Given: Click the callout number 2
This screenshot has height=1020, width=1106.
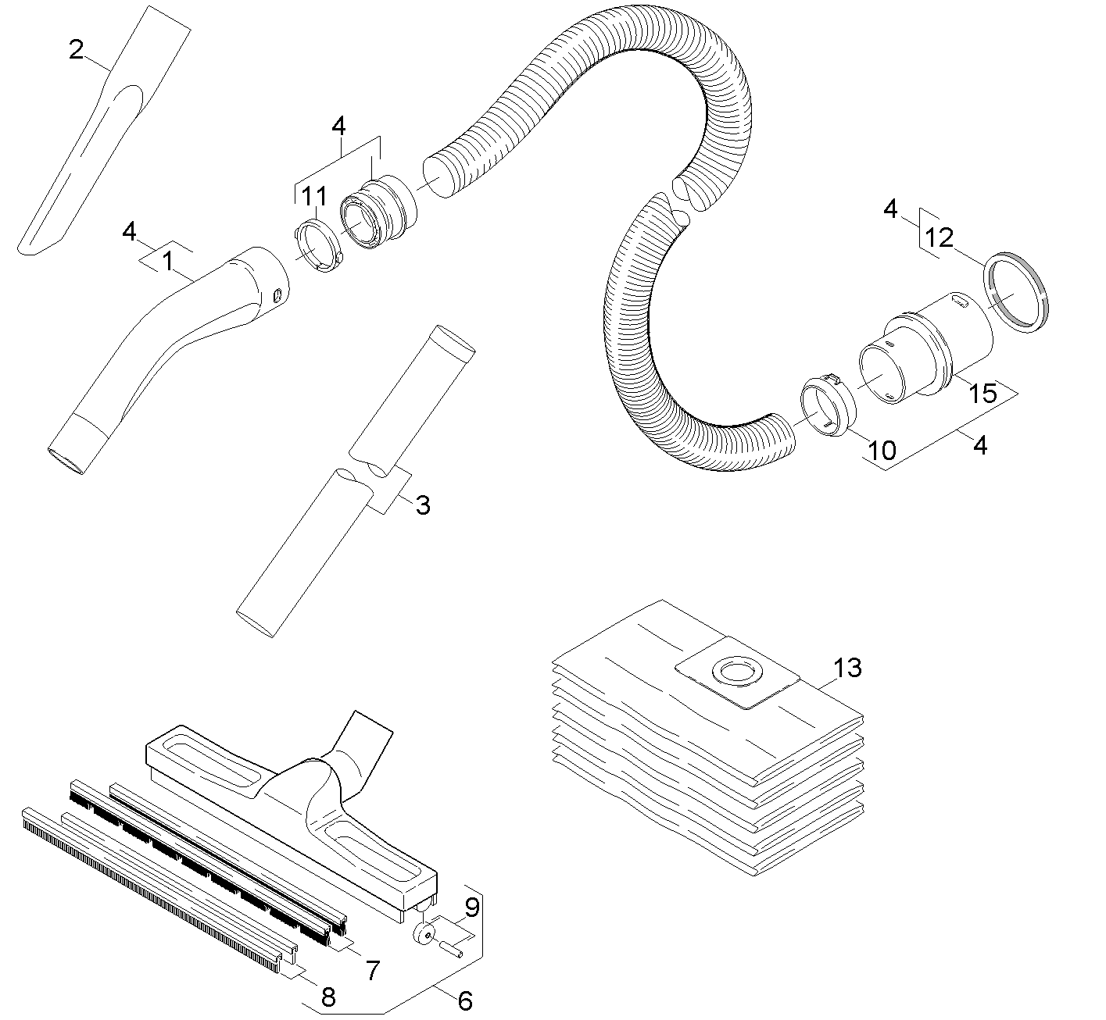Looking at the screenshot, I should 76,50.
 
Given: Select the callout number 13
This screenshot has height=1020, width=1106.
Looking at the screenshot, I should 847,668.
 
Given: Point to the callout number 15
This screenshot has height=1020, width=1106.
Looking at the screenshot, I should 983,393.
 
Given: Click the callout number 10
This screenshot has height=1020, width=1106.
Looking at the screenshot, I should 882,450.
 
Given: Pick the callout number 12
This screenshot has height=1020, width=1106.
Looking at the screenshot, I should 940,237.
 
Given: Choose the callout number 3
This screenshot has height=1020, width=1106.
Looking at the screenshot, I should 422,505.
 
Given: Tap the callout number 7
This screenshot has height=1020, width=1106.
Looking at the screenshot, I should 372,971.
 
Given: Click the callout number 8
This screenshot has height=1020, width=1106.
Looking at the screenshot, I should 328,996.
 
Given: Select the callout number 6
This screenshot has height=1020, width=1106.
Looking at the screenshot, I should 465,1000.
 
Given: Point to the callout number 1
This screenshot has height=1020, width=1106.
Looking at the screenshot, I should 167,260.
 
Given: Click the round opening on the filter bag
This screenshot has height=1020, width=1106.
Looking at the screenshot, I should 735,671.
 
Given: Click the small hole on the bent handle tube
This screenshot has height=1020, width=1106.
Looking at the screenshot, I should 275,294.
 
